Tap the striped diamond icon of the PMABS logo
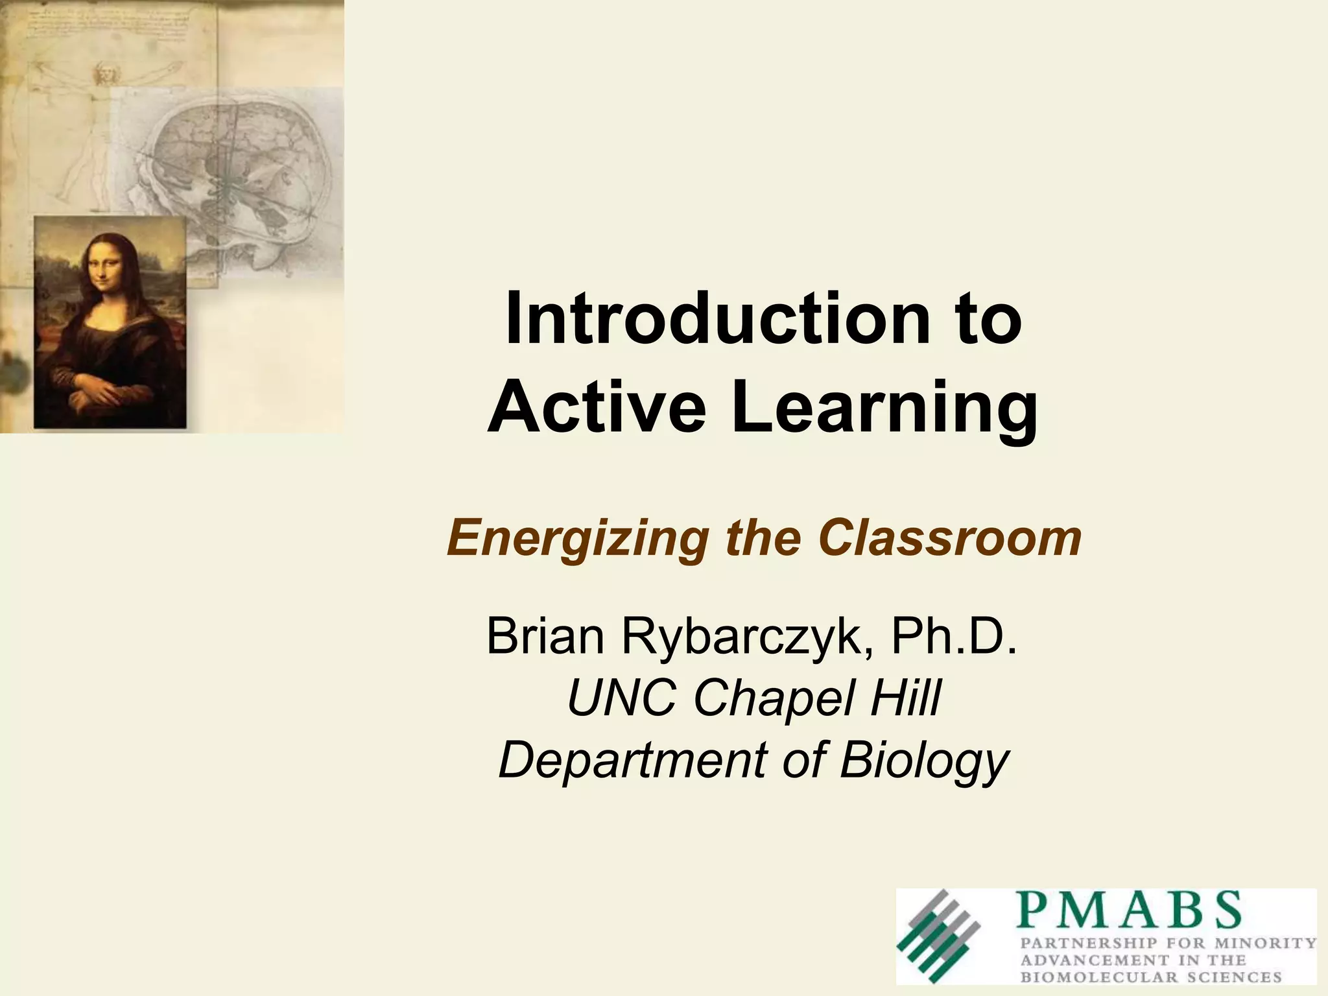938,935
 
